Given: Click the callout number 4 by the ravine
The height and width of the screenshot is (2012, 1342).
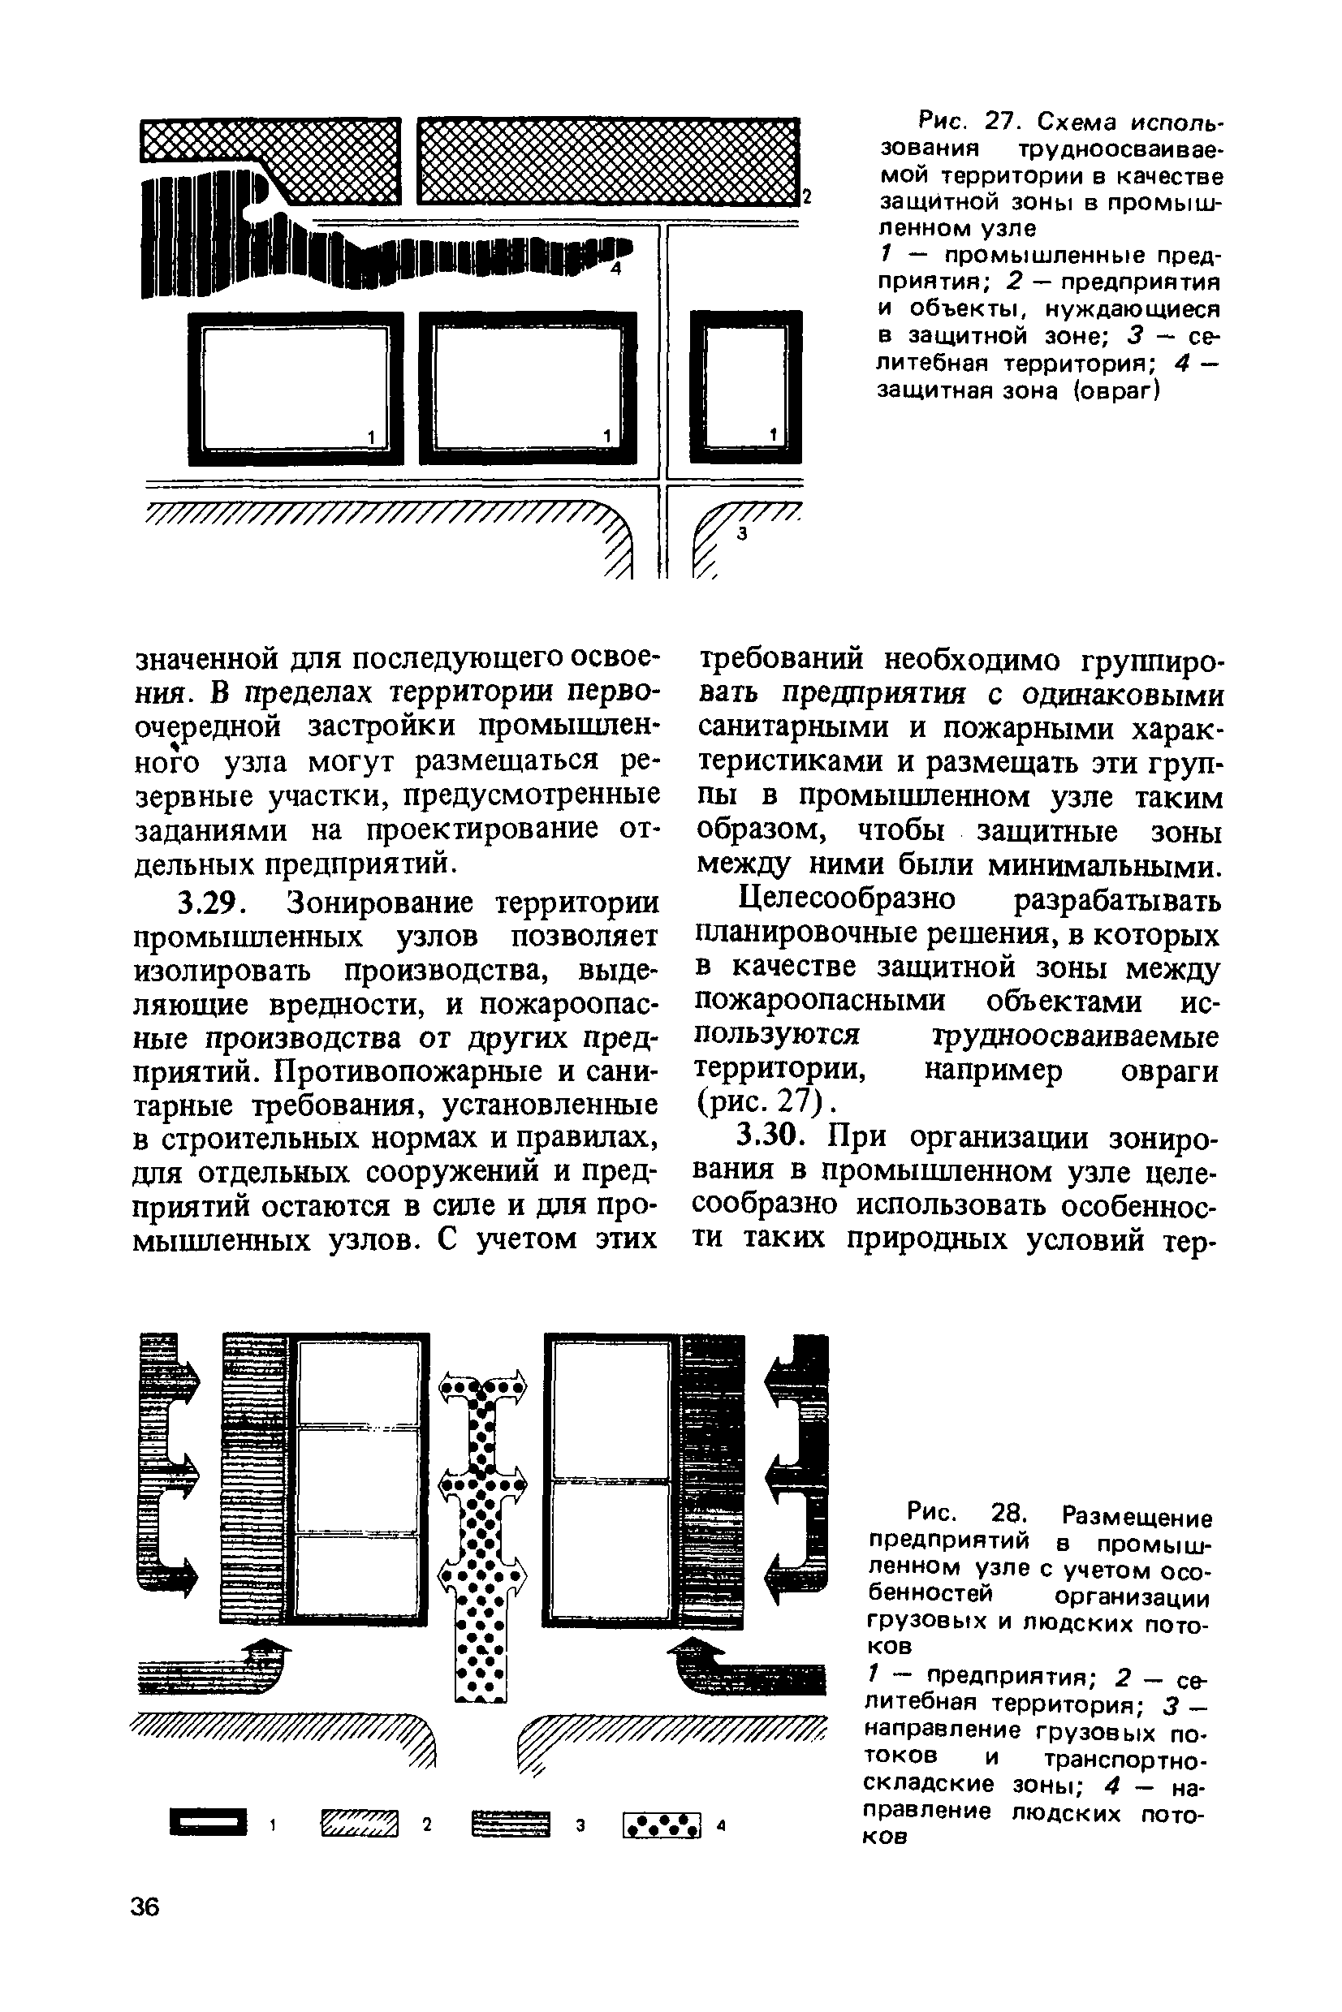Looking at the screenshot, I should [x=616, y=269].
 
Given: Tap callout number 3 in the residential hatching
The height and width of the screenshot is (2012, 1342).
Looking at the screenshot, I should [x=742, y=534].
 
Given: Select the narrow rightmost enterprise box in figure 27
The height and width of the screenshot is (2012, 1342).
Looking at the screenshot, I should [x=746, y=387].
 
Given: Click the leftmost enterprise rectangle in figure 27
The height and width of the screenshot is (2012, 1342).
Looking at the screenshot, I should [x=296, y=387].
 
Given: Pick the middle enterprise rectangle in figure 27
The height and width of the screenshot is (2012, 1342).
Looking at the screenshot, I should [x=528, y=387].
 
